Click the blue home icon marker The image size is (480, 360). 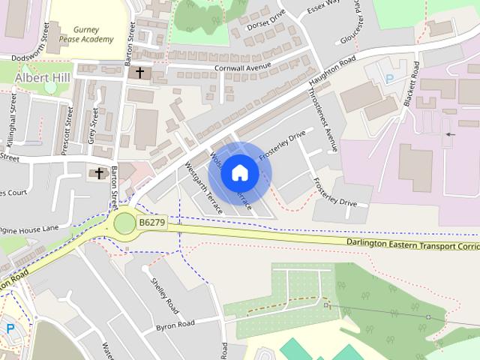[x=239, y=172]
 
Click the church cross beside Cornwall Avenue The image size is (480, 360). [x=139, y=73]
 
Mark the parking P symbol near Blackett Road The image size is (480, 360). [x=388, y=78]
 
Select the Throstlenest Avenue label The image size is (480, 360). [x=322, y=120]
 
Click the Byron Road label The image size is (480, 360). [x=175, y=324]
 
